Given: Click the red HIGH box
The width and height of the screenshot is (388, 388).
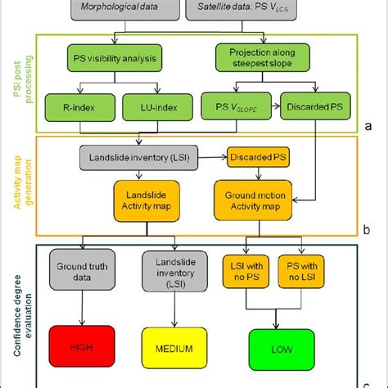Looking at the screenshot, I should (79, 347).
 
